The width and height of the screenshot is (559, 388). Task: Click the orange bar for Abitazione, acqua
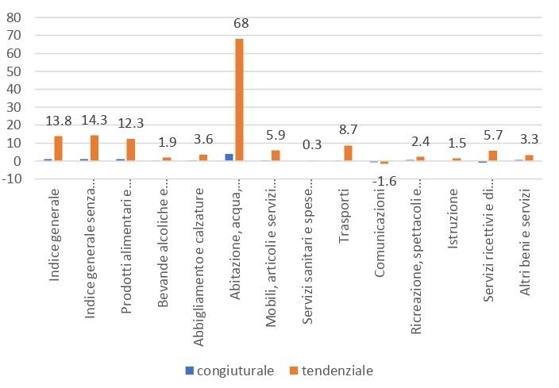(239, 99)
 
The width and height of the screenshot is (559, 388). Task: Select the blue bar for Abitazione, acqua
(229, 157)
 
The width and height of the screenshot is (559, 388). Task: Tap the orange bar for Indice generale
(58, 148)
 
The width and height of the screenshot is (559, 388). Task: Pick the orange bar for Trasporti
(348, 153)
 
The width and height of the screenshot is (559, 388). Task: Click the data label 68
(241, 23)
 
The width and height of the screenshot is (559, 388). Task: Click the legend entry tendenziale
(332, 371)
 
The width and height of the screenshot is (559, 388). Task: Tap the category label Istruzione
(453, 213)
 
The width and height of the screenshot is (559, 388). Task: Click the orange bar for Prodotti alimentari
(130, 150)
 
